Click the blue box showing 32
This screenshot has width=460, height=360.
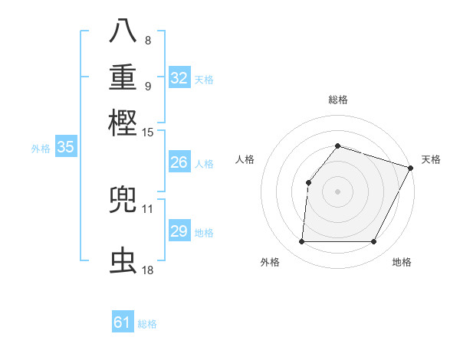[x=179, y=78]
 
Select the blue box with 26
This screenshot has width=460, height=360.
[x=179, y=162]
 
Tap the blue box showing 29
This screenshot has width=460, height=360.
[x=179, y=231]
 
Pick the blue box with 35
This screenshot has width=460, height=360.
[x=65, y=148]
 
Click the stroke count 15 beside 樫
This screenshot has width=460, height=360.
[x=148, y=133]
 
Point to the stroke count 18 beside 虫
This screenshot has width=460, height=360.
[x=148, y=270]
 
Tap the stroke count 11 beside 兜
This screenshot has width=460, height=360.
[x=148, y=208]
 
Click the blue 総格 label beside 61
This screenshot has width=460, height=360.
[x=147, y=324]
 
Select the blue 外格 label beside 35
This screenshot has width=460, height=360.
[x=40, y=149]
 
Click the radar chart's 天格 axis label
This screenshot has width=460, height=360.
[x=431, y=159]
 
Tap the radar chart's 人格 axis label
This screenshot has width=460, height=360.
[x=245, y=159]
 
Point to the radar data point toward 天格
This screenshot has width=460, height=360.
[x=411, y=168]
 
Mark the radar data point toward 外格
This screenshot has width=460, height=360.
[x=301, y=242]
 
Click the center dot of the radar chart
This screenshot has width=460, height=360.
[x=337, y=191]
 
